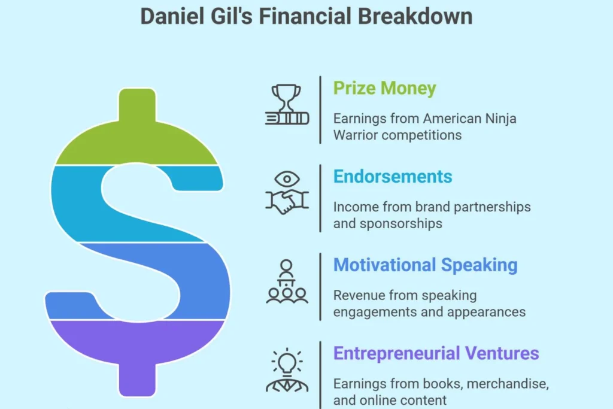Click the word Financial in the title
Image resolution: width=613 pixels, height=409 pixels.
click(x=305, y=16)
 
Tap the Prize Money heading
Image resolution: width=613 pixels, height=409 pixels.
click(x=384, y=89)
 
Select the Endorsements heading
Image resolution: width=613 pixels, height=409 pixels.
click(x=393, y=176)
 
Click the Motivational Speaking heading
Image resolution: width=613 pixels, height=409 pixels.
click(x=426, y=265)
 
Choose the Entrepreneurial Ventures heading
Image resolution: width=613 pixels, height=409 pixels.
click(x=436, y=353)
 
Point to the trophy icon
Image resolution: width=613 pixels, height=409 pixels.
click(x=287, y=104)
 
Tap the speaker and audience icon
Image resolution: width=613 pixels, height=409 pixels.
click(x=287, y=281)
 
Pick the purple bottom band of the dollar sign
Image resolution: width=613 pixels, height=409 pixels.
click(x=137, y=348)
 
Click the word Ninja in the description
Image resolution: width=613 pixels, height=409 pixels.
click(x=500, y=119)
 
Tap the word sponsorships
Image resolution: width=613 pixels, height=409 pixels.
click(x=400, y=224)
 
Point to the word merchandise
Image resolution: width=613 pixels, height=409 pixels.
click(x=508, y=384)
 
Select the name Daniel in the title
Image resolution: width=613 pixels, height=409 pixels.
click(x=172, y=16)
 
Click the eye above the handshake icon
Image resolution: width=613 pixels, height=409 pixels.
click(x=287, y=179)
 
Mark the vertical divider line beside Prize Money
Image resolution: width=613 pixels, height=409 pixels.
click(x=320, y=110)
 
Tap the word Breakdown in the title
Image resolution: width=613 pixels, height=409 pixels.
click(x=415, y=16)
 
